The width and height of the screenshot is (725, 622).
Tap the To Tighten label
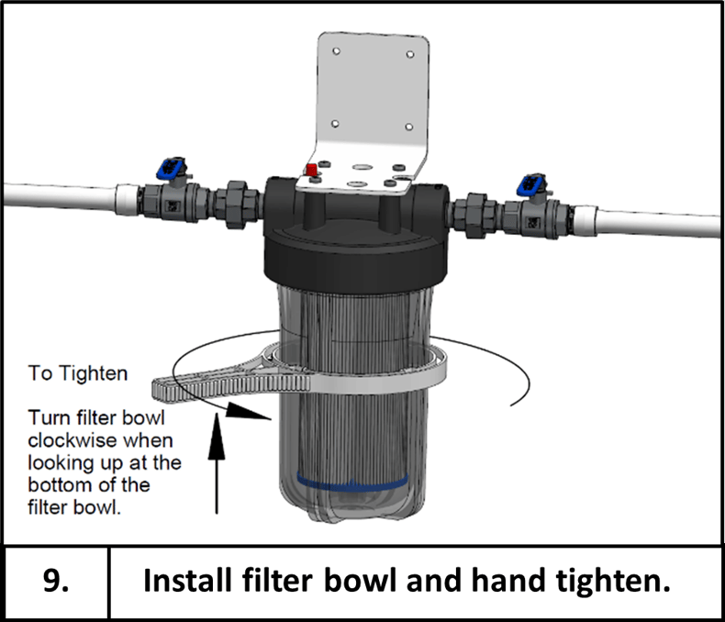point(78,374)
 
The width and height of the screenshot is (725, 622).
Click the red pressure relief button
point(310,171)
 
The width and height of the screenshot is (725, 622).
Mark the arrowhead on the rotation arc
point(248,414)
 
